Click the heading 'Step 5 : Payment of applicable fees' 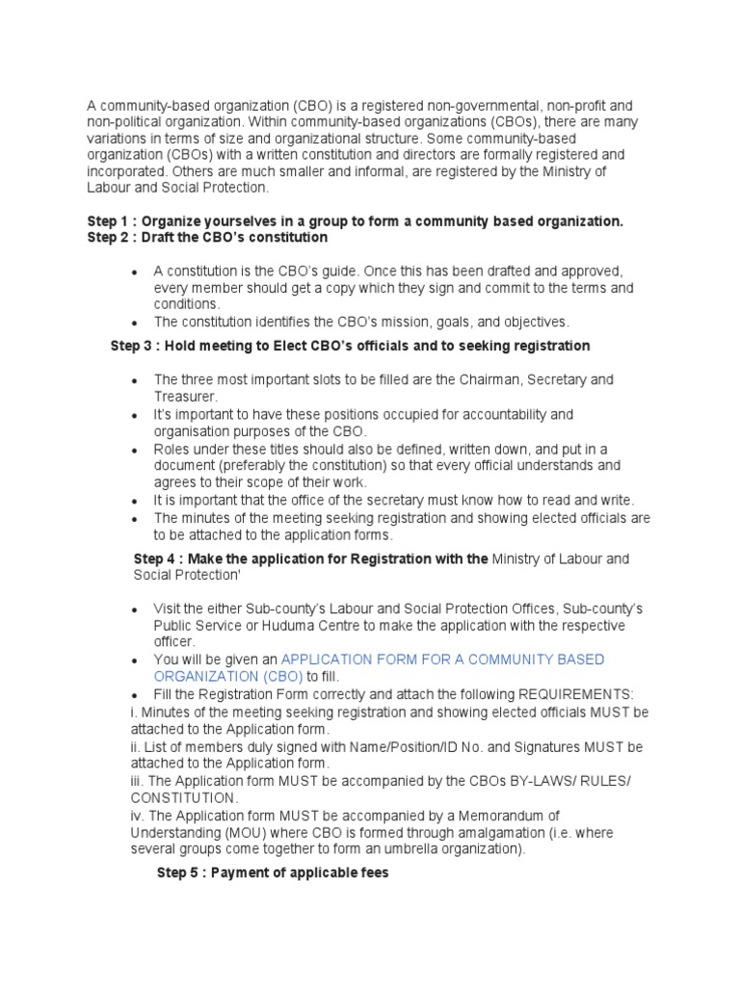point(273,875)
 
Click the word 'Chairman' point(492,380)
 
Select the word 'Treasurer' point(185,397)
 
